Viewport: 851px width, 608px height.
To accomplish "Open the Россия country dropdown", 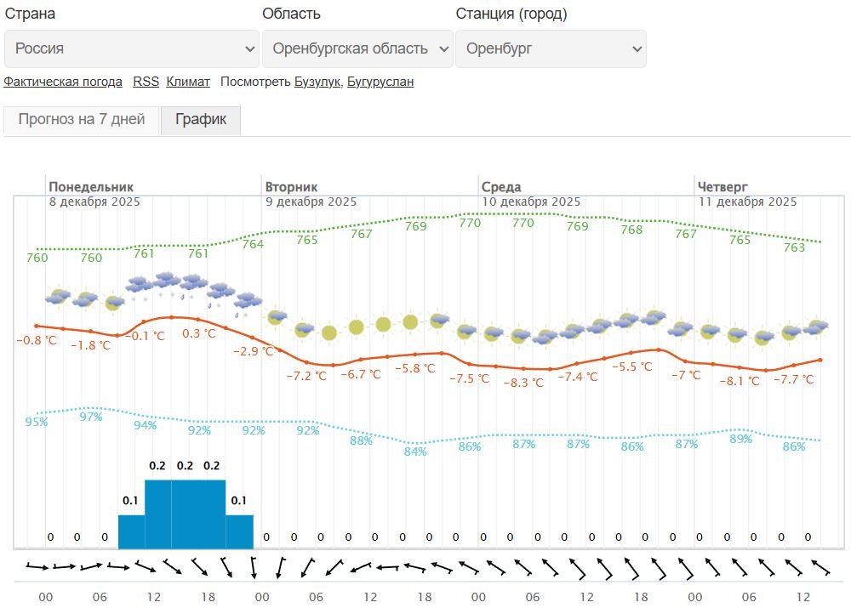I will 132,49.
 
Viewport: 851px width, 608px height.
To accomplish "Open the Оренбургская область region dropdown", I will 357,49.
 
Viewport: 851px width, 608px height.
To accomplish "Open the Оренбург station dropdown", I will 551,49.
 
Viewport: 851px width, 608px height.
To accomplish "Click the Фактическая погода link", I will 63,82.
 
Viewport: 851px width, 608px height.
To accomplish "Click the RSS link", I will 146,82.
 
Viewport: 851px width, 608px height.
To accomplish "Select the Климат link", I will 188,82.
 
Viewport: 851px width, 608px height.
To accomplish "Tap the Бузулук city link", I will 317,82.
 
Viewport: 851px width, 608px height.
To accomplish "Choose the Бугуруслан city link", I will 380,82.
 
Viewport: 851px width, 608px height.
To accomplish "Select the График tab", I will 201,120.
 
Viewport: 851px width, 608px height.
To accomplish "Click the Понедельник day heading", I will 91,187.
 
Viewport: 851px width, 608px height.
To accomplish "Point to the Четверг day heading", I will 723,187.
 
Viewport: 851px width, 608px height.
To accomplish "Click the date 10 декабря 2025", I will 531,202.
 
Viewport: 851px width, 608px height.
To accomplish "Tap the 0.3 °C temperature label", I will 199,333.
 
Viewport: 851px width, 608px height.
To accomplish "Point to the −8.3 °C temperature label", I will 523,383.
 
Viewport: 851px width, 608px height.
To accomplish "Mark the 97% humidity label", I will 91,417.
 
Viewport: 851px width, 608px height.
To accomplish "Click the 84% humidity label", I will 415,452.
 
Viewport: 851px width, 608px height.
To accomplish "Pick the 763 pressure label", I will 794,247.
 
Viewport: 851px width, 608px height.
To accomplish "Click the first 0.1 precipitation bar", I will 131,531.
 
